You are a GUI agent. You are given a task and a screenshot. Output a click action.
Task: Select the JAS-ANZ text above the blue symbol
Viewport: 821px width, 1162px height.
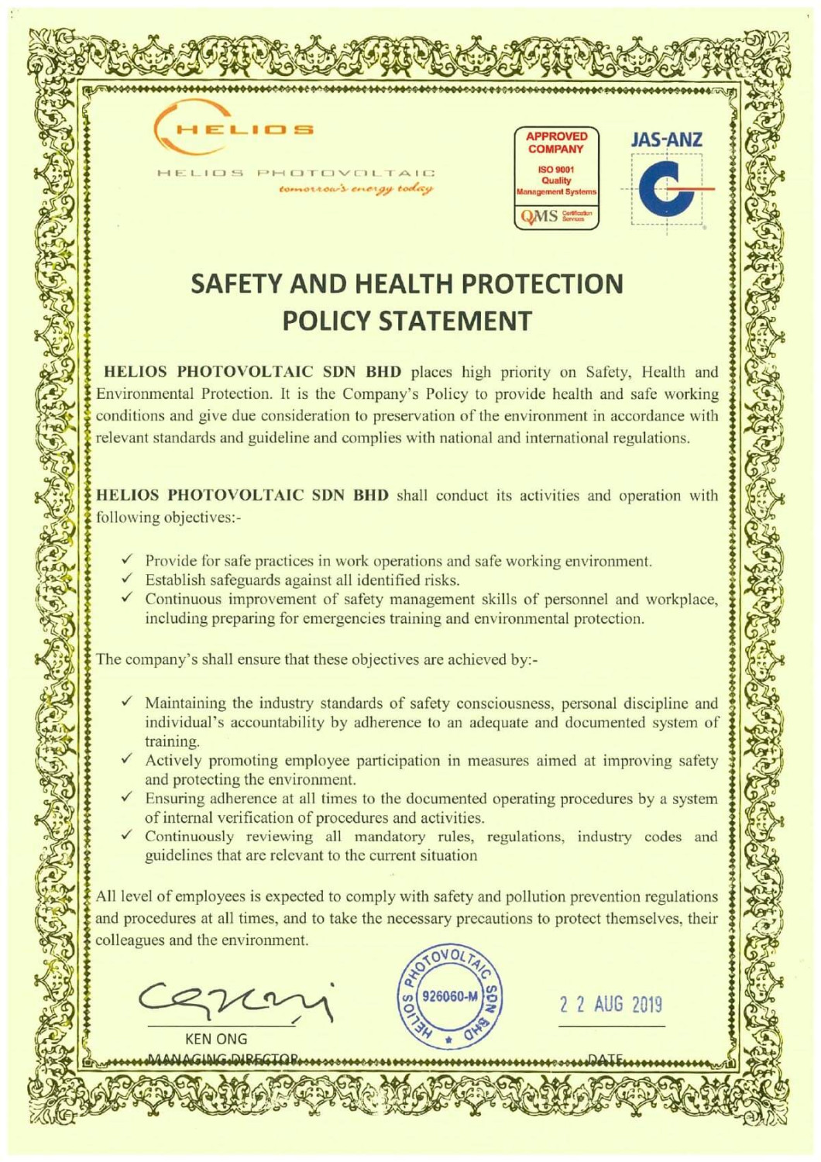coord(666,140)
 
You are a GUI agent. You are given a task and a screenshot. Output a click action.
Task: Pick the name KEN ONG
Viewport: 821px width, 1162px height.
coord(217,1039)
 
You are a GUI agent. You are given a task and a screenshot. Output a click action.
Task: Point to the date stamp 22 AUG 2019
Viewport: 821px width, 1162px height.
coord(611,1005)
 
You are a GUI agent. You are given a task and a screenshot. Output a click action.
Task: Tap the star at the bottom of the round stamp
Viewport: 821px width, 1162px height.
coord(448,1038)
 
